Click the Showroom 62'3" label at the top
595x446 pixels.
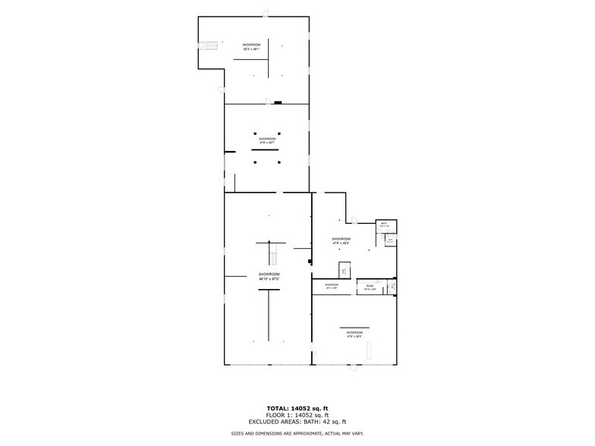coord(252,47)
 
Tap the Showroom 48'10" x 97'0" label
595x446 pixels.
coord(269,276)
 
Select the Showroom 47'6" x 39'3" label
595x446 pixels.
coord(354,334)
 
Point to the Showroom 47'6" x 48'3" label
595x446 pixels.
coord(341,240)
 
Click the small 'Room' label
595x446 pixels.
coord(370,287)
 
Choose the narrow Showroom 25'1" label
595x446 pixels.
coord(332,287)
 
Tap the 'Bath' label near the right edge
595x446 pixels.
coord(384,225)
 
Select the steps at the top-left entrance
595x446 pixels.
coord(209,46)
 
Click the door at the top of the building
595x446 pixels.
coord(266,13)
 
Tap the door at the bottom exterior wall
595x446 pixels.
coord(352,369)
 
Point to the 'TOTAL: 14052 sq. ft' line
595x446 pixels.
coord(297,409)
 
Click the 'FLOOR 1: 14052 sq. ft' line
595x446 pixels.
coord(297,416)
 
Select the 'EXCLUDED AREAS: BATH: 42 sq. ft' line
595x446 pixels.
coord(297,422)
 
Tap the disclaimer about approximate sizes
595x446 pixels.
coord(297,433)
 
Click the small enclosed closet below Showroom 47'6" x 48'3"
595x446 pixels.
coord(344,270)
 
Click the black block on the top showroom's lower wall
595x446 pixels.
coord(279,102)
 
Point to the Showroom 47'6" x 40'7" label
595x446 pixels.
coord(267,140)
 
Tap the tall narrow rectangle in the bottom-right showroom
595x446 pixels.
coord(370,351)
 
